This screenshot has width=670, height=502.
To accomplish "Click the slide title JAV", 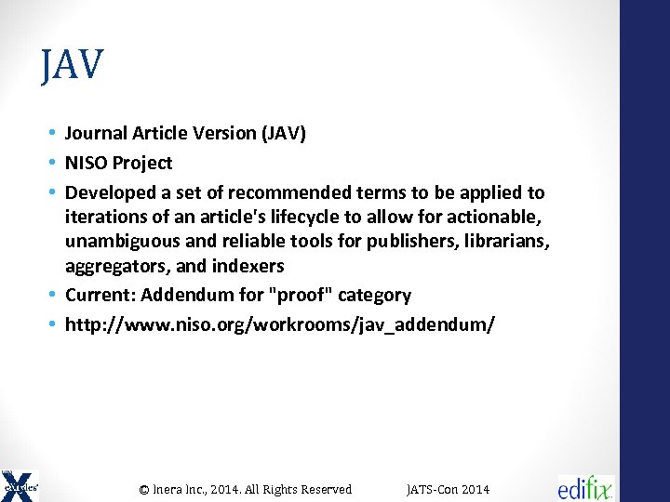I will pyautogui.click(x=72, y=65).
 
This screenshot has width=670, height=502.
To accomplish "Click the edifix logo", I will pyautogui.click(x=586, y=487).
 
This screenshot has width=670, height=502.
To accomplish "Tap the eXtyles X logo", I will pyautogui.click(x=20, y=485).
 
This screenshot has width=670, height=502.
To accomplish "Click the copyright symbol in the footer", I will pyautogui.click(x=144, y=489).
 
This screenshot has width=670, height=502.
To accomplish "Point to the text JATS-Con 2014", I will pyautogui.click(x=448, y=489).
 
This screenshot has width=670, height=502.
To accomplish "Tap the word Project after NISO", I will pyautogui.click(x=141, y=164).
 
